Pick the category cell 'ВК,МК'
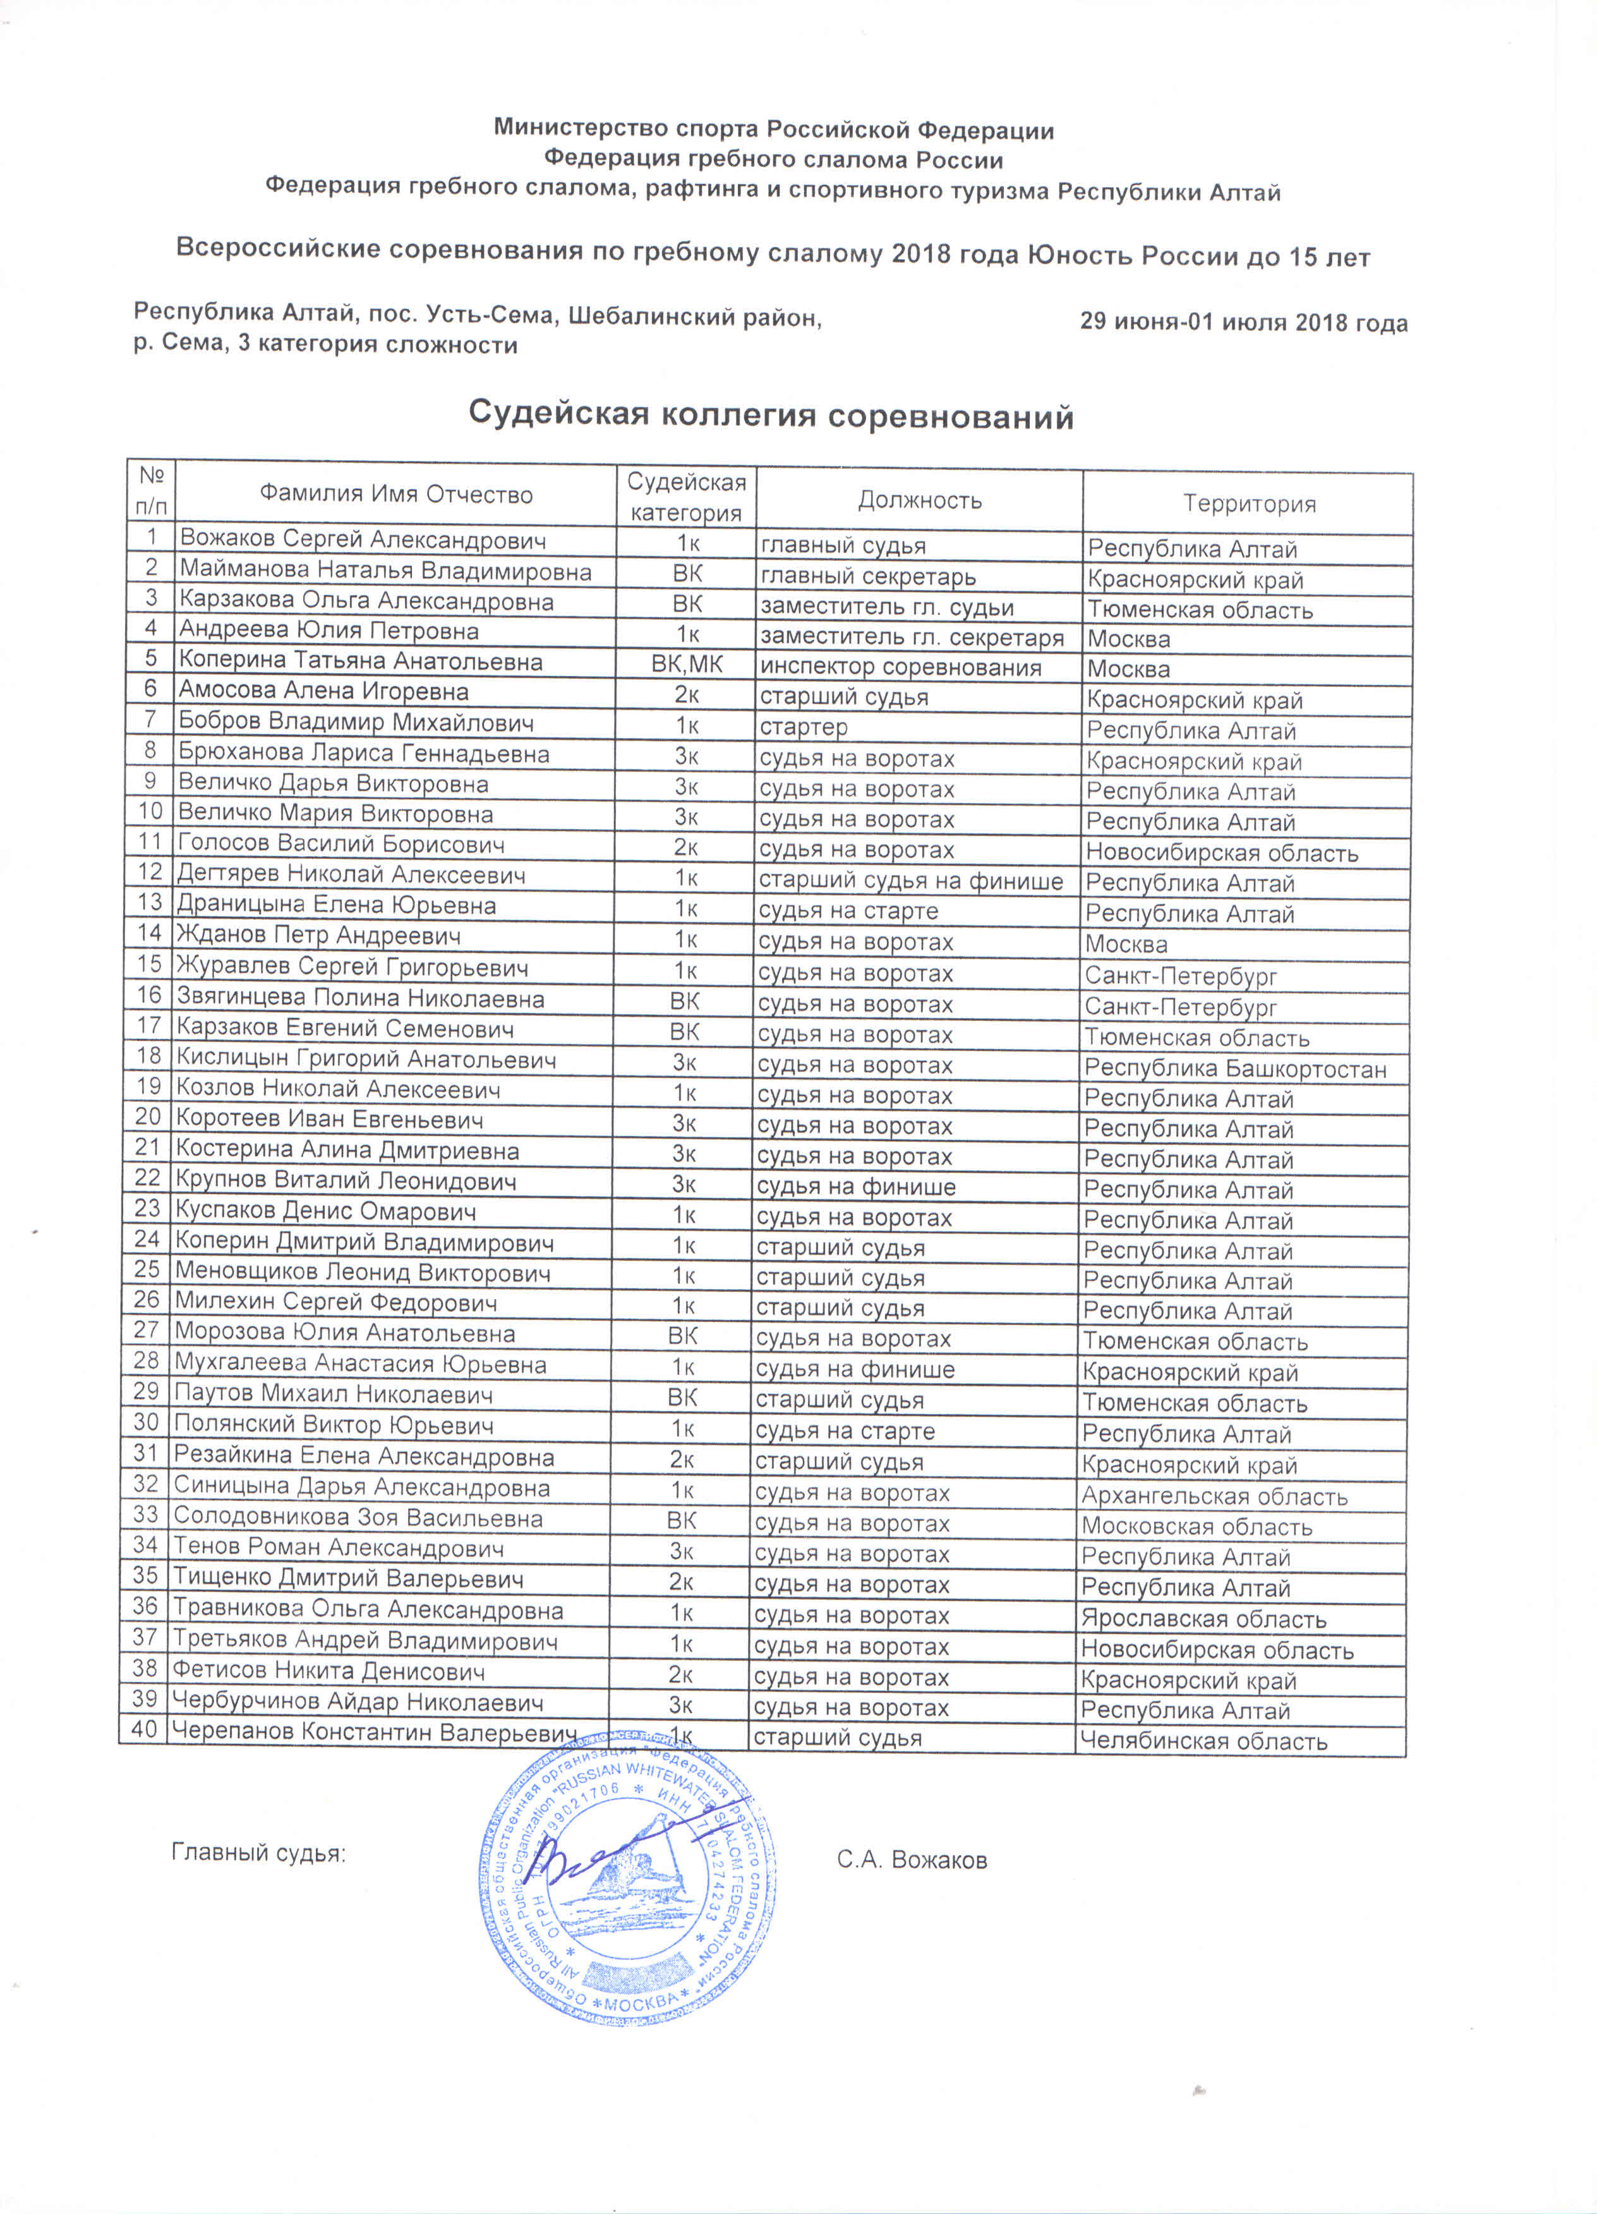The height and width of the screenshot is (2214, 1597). pyautogui.click(x=686, y=665)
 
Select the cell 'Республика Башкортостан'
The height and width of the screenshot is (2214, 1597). pyautogui.click(x=1235, y=1069)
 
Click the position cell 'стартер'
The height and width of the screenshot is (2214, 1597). pyautogui.click(x=804, y=727)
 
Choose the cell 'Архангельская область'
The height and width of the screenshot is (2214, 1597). pyautogui.click(x=1214, y=1496)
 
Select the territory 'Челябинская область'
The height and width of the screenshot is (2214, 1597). pyautogui.click(x=1203, y=1741)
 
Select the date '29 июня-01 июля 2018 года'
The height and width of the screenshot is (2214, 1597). pyautogui.click(x=1243, y=322)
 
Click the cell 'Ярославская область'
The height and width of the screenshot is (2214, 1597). pyautogui.click(x=1203, y=1619)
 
